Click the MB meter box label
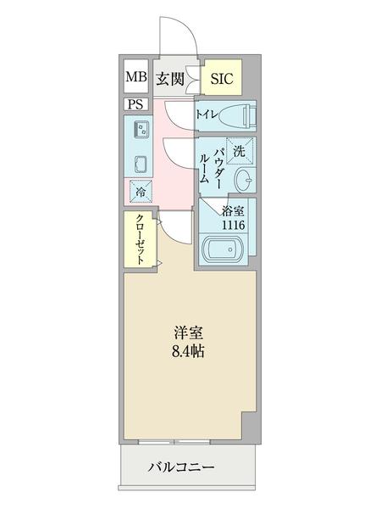click(136, 79)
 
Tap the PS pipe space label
click(136, 104)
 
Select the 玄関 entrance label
click(170, 79)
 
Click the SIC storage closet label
click(221, 80)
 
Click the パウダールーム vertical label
click(211, 162)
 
